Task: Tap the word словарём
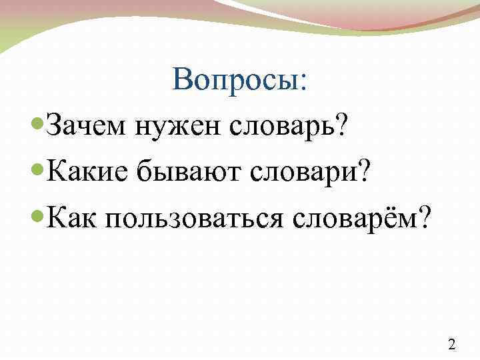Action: tap(358, 218)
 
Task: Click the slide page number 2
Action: tap(452, 344)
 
